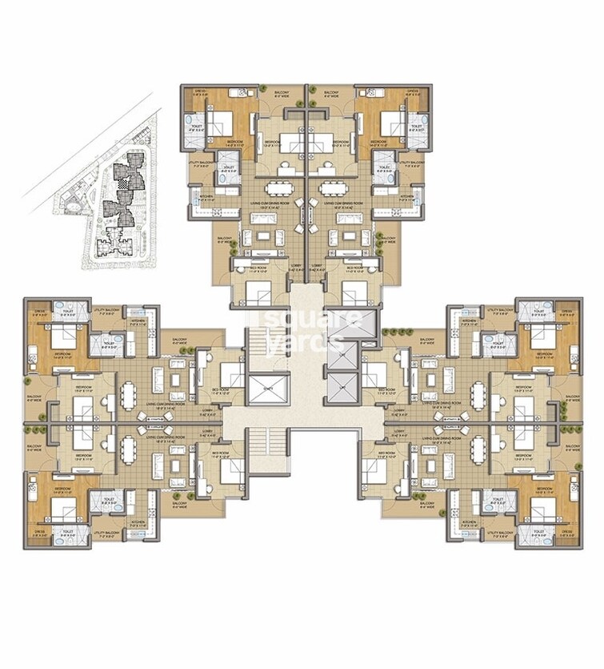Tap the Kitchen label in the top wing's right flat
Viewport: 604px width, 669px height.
407,196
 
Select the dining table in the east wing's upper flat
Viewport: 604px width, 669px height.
478,395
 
